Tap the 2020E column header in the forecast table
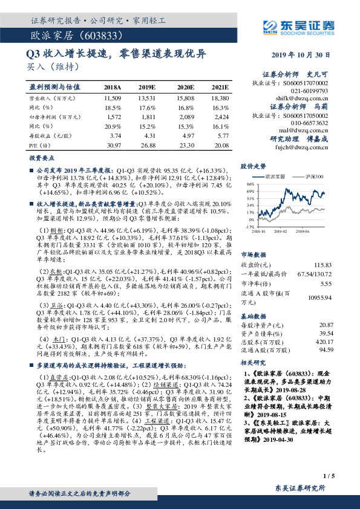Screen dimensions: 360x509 (x=185, y=87)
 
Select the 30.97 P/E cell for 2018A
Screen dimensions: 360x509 (x=113, y=145)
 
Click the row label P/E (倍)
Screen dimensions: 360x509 (x=38, y=145)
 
